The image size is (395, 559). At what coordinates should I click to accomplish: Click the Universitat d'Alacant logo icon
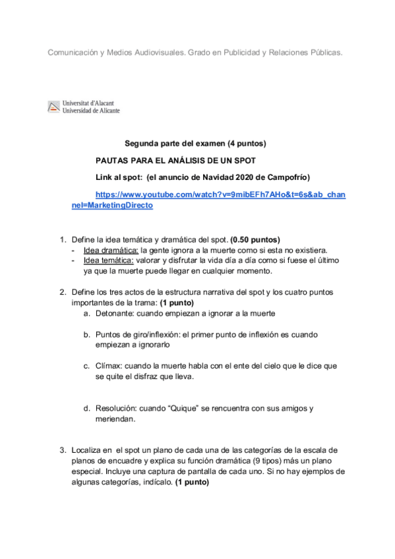pos(53,107)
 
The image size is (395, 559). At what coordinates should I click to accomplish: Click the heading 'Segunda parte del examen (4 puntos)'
pos(195,143)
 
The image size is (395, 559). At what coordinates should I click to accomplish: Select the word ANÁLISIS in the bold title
pos(187,160)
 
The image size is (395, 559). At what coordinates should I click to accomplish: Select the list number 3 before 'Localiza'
pos(62,450)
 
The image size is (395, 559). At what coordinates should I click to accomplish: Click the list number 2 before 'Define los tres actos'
pos(62,292)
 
